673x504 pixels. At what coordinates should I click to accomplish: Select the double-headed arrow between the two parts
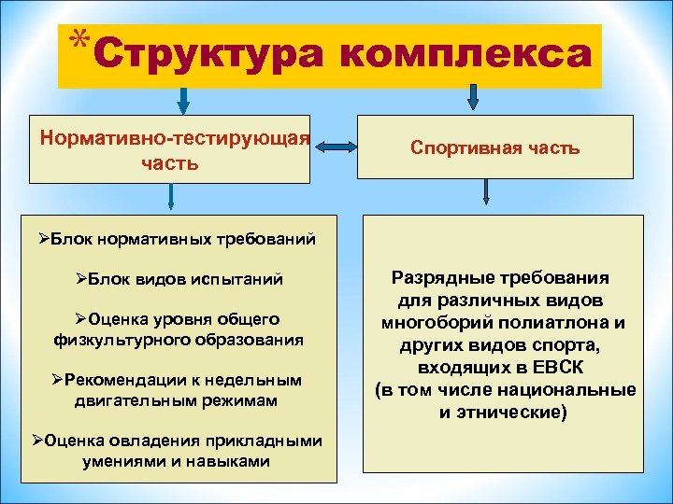[335, 146]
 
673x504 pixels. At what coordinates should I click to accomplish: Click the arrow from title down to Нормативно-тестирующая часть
[183, 99]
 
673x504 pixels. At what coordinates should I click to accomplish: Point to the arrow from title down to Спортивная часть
[474, 96]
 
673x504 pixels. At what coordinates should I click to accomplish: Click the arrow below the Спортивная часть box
[487, 192]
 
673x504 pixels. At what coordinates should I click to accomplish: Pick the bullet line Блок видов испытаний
[179, 280]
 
